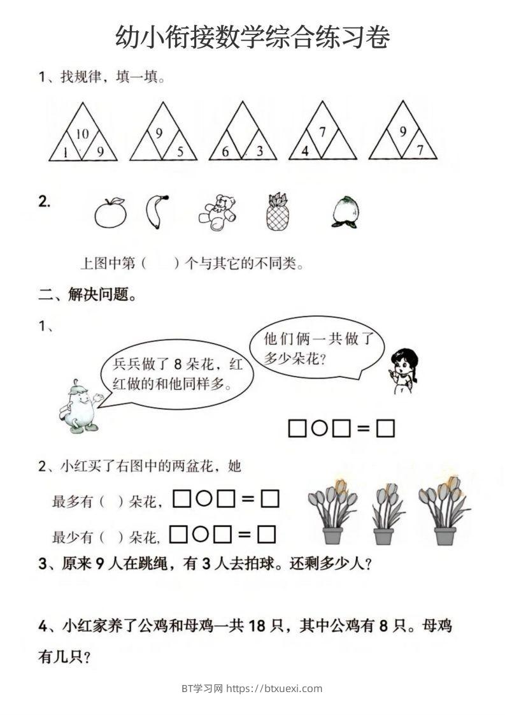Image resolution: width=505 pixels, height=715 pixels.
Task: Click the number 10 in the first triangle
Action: tap(82, 134)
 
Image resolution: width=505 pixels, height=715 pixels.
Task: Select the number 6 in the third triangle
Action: tap(225, 152)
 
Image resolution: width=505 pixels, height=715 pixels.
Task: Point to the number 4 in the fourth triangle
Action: tap(306, 152)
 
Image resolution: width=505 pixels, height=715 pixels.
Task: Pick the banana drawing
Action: tap(155, 212)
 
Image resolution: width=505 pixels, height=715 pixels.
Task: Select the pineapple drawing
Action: tap(277, 212)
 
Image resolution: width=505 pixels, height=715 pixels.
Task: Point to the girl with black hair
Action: tap(402, 369)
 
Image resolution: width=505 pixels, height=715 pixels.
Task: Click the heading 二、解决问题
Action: tap(87, 294)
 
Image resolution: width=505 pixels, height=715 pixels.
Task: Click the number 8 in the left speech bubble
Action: tap(178, 365)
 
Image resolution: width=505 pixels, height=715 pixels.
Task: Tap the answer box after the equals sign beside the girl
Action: tap(385, 429)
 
